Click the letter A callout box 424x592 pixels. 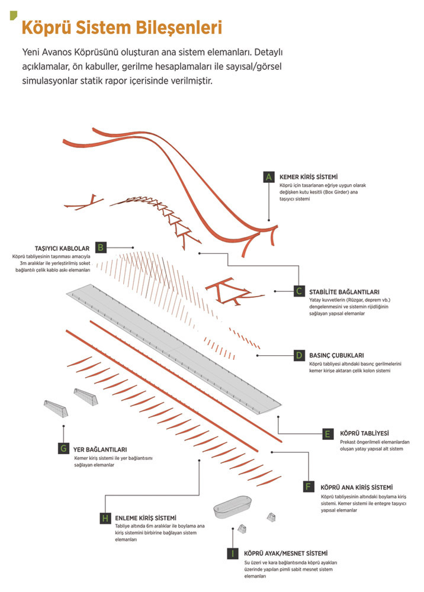tap(268, 177)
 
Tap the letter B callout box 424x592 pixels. tap(101, 247)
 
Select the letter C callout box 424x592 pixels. tap(299, 291)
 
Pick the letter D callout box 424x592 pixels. tap(299, 355)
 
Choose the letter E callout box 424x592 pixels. tap(327, 434)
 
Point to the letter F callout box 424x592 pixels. tap(309, 487)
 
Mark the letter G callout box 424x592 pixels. tap(63, 449)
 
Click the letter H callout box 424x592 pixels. tap(105, 518)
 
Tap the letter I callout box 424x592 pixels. tap(233, 554)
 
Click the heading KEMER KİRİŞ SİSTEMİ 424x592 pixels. tap(309, 176)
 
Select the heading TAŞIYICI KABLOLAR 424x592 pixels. tap(62, 249)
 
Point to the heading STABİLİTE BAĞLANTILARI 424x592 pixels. tap(344, 292)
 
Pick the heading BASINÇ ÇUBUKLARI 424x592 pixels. tap(336, 355)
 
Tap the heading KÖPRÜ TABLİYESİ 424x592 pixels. tap(364, 433)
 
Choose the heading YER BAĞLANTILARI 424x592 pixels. tap(100, 450)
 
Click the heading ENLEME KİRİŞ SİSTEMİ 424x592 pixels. tap(146, 518)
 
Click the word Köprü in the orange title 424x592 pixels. tap(46, 28)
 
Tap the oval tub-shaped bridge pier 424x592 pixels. tap(233, 507)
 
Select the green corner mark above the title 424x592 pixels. tap(13, 15)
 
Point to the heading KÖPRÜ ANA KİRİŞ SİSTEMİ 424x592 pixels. tap(356, 487)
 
